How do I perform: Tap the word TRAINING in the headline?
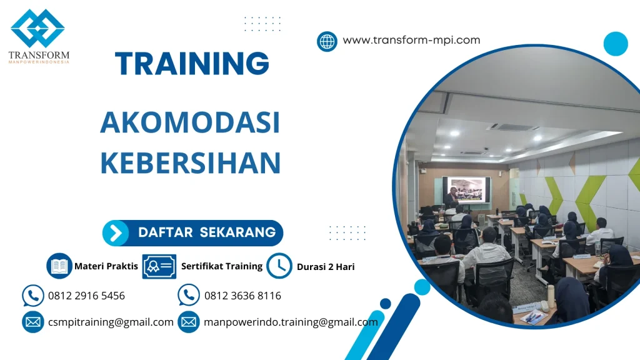coord(192,64)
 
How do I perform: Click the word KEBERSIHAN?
coord(190,162)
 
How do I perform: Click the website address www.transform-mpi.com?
coord(411,40)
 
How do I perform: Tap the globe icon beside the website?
coord(327,41)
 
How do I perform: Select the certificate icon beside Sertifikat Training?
coord(159,266)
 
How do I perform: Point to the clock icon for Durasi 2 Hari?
coord(279,266)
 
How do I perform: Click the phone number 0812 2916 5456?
coord(86,296)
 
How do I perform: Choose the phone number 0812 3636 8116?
coord(242,296)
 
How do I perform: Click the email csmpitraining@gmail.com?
coord(111,322)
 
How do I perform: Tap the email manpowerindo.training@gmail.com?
coord(291,322)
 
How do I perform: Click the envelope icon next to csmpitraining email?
coord(32,322)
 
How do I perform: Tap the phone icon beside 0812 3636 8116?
coord(188,296)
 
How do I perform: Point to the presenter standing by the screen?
coord(451,199)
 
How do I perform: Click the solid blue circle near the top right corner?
coord(615,44)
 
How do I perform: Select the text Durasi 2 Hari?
coord(326,267)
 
